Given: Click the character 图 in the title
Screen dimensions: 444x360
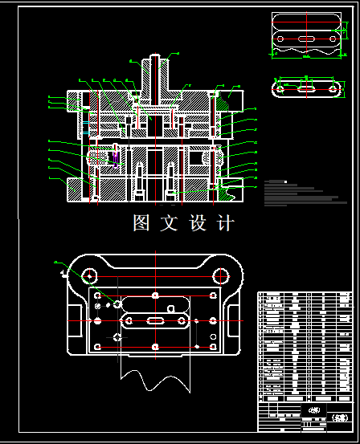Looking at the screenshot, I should [141, 223].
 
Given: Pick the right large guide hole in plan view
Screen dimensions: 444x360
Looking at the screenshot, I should [219, 275].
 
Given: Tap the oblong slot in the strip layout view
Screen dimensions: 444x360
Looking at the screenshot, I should [306, 38].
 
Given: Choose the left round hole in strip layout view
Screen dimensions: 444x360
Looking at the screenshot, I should [277, 38].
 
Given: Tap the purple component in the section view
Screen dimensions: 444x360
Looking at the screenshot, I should [118, 158].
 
